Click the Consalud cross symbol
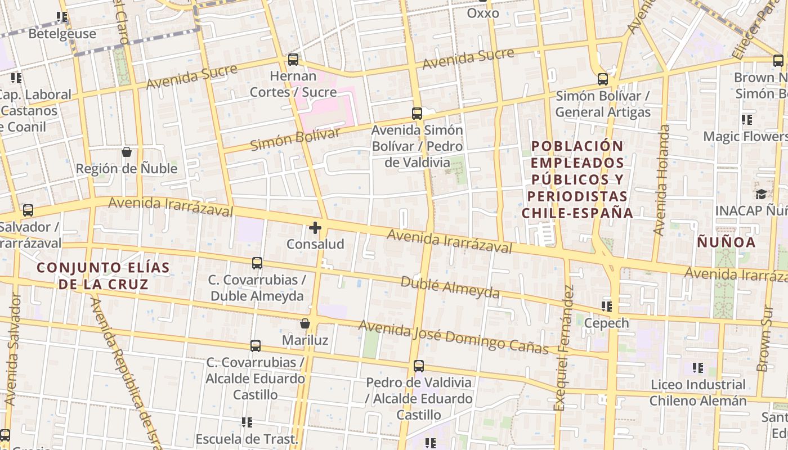click(x=315, y=228)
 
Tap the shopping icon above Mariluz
click(x=305, y=323)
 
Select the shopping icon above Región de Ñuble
click(x=127, y=152)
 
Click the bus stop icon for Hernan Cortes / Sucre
click(x=293, y=59)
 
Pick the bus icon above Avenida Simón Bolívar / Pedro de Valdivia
click(x=417, y=113)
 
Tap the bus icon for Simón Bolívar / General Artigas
click(x=603, y=79)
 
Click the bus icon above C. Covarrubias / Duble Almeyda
click(x=257, y=263)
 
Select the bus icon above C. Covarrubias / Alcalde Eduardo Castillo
click(x=256, y=346)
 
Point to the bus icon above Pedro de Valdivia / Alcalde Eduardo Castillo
click(x=419, y=366)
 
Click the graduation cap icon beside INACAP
click(x=761, y=194)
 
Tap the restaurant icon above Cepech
click(x=606, y=307)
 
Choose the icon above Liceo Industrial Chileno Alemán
click(x=698, y=368)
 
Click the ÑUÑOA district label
click(x=726, y=242)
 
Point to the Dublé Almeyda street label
click(x=450, y=287)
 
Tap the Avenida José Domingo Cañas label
click(x=453, y=336)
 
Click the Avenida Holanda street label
click(x=661, y=180)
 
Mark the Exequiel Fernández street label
click(x=564, y=349)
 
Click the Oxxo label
click(x=483, y=13)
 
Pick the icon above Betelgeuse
click(x=62, y=17)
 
